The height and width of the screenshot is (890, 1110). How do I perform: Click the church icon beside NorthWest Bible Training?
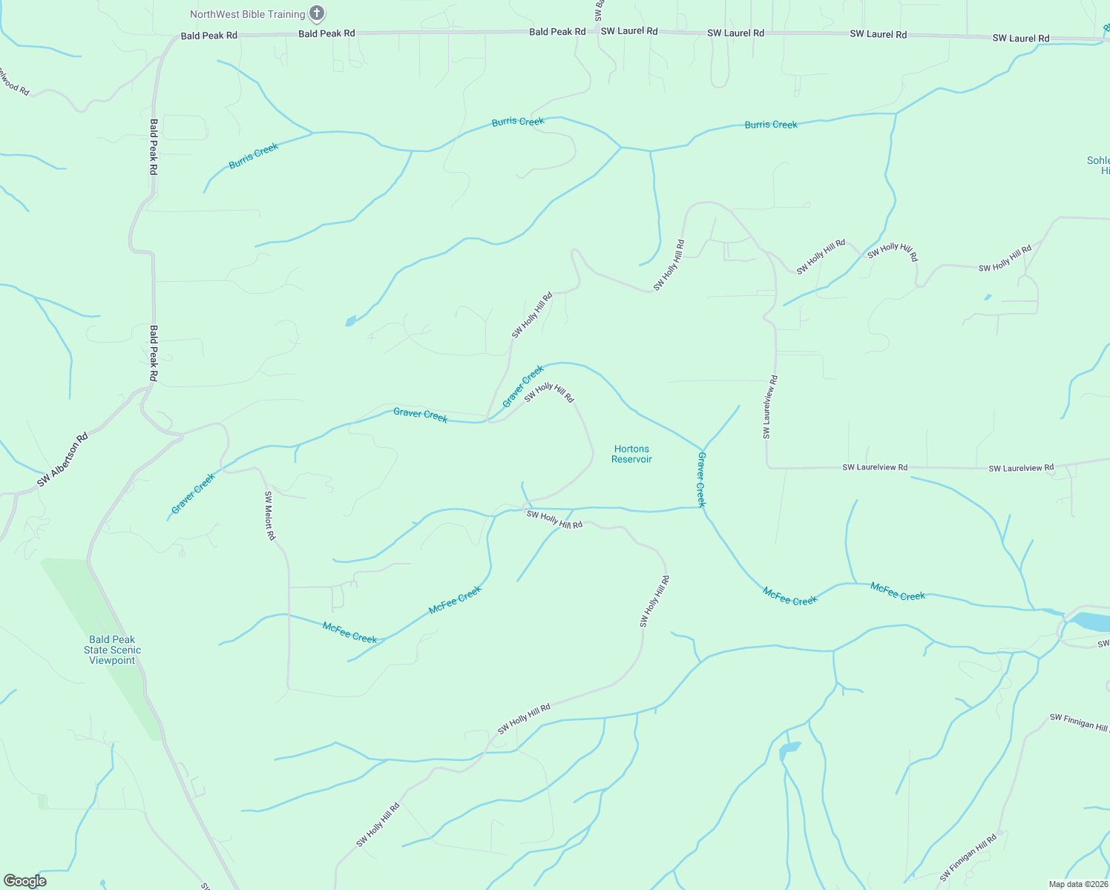[x=317, y=13]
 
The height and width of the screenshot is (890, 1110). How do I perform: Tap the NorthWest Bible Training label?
[x=247, y=14]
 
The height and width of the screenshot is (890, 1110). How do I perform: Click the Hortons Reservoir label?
[x=631, y=454]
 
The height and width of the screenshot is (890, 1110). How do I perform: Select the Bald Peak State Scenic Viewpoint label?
[x=112, y=650]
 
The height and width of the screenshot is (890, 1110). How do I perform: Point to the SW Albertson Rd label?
[x=63, y=460]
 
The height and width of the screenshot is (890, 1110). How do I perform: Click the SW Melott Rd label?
[x=270, y=515]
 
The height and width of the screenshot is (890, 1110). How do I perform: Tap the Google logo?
[x=24, y=881]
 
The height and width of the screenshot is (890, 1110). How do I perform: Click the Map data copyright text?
[x=1078, y=884]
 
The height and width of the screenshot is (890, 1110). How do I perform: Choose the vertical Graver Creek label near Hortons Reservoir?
[x=701, y=479]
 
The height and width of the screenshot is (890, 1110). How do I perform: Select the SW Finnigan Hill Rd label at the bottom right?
[x=968, y=858]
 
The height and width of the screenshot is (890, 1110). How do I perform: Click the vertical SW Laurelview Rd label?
[x=770, y=406]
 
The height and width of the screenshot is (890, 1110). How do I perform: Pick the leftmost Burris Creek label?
[x=253, y=156]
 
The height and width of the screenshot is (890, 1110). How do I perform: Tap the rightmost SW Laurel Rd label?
[x=1021, y=38]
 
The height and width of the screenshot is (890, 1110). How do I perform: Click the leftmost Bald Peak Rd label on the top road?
[x=209, y=36]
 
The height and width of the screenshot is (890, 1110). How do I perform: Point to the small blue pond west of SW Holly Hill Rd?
[x=350, y=321]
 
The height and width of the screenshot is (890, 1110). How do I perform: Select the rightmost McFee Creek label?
[x=897, y=591]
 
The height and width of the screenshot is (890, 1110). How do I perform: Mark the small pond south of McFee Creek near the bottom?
[x=789, y=750]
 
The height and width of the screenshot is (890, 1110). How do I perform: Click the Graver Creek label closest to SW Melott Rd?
[x=193, y=493]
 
